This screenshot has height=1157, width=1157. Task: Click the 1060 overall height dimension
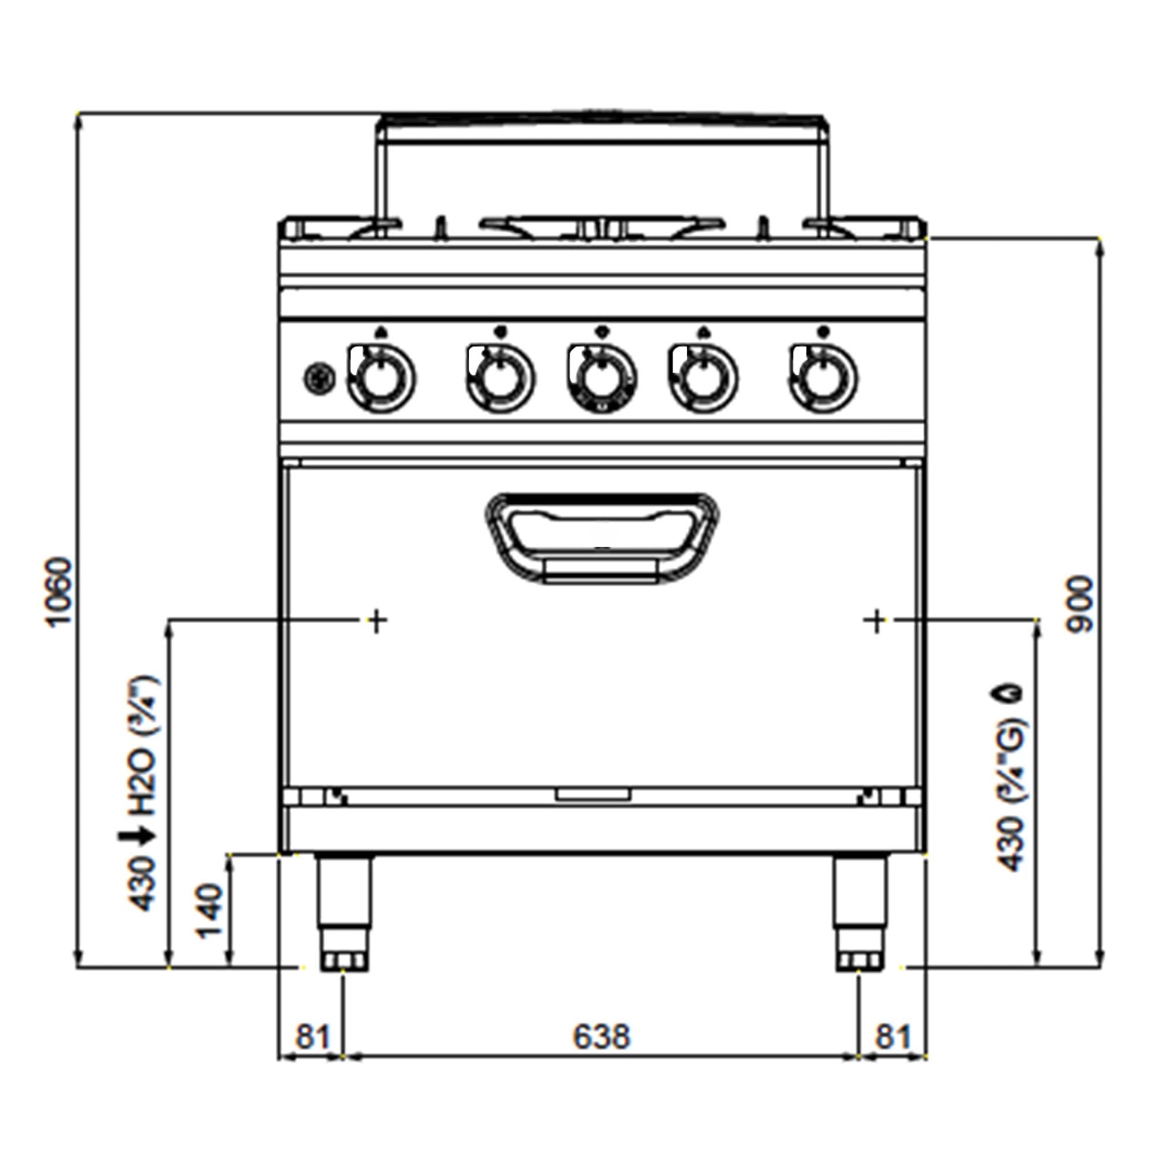tap(60, 592)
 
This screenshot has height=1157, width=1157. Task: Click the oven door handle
tap(602, 537)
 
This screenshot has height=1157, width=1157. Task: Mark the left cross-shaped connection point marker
tap(377, 621)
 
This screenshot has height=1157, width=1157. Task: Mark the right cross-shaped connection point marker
tap(876, 621)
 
